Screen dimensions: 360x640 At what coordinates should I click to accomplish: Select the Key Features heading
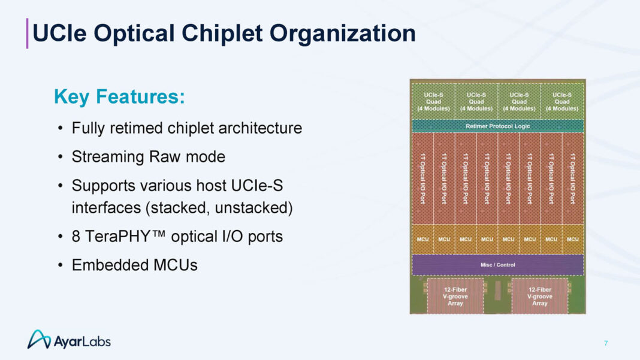coord(119,96)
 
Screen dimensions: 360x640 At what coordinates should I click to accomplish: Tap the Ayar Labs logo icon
coord(39,339)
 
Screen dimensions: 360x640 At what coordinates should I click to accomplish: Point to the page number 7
coord(606,343)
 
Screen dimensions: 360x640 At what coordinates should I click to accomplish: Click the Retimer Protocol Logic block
coord(497,126)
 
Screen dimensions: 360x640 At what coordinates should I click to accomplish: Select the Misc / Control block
coord(497,265)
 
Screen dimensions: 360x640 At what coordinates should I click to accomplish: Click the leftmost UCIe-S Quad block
coord(433,101)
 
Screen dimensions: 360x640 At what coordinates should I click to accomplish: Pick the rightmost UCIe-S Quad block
coord(561,101)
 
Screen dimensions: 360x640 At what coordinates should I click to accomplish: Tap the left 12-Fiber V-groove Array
coord(455,296)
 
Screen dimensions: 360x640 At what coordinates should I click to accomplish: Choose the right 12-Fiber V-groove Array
coord(539,296)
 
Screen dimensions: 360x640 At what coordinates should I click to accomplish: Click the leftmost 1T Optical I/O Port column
coord(422,178)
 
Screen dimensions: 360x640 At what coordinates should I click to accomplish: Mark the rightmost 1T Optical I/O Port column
coord(572,178)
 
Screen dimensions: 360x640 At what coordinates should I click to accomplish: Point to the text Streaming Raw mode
coord(149,157)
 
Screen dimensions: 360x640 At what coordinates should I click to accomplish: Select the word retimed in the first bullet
coord(136,128)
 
